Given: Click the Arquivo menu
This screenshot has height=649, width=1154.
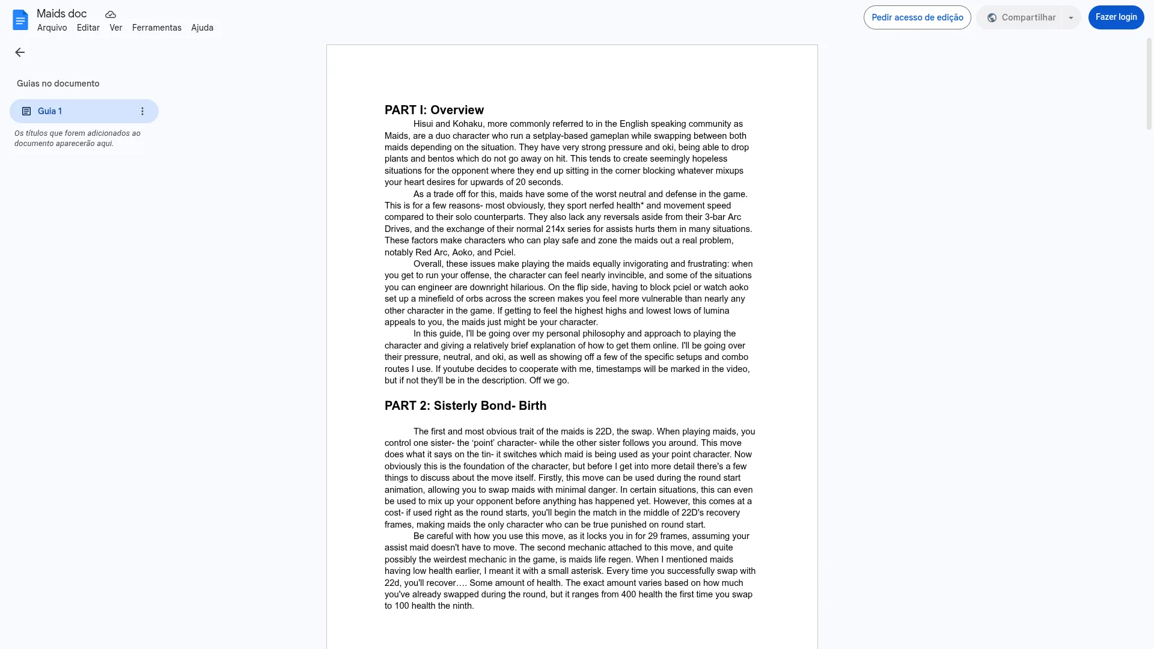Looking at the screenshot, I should pyautogui.click(x=52, y=28).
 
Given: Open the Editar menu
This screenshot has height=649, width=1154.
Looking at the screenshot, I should pyautogui.click(x=88, y=28).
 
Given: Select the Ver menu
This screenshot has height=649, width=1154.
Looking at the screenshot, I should pyautogui.click(x=115, y=28).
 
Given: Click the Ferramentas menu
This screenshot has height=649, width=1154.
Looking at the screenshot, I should pyautogui.click(x=156, y=28).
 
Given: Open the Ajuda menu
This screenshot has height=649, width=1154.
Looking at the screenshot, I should pyautogui.click(x=202, y=28).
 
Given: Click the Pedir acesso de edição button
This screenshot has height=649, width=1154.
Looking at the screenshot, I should pyautogui.click(x=917, y=17).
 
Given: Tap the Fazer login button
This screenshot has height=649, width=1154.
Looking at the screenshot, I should pyautogui.click(x=1116, y=17).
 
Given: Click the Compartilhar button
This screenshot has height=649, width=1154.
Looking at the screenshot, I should pyautogui.click(x=1021, y=17).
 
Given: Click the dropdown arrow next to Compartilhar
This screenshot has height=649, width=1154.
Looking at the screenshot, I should pyautogui.click(x=1070, y=17).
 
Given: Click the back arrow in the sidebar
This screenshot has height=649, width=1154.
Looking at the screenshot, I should pyautogui.click(x=20, y=52).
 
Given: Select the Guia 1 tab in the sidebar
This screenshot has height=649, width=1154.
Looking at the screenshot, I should pyautogui.click(x=72, y=111).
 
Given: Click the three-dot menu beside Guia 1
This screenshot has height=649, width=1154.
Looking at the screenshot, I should pyautogui.click(x=142, y=111).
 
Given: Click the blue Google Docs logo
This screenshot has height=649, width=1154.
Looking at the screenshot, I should pyautogui.click(x=20, y=20).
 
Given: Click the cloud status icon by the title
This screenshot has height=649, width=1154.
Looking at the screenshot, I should pyautogui.click(x=111, y=14).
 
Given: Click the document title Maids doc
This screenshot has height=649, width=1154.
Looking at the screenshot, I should pyautogui.click(x=61, y=14).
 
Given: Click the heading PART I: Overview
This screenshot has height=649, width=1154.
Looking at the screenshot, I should pyautogui.click(x=434, y=110).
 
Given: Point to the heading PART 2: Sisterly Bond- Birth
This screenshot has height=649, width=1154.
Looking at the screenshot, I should pyautogui.click(x=465, y=406).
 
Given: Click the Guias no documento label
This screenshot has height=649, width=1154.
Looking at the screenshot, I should pyautogui.click(x=58, y=84).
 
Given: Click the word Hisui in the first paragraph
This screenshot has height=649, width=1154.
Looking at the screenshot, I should pyautogui.click(x=423, y=124).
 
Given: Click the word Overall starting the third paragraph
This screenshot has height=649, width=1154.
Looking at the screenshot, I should pyautogui.click(x=427, y=264).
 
